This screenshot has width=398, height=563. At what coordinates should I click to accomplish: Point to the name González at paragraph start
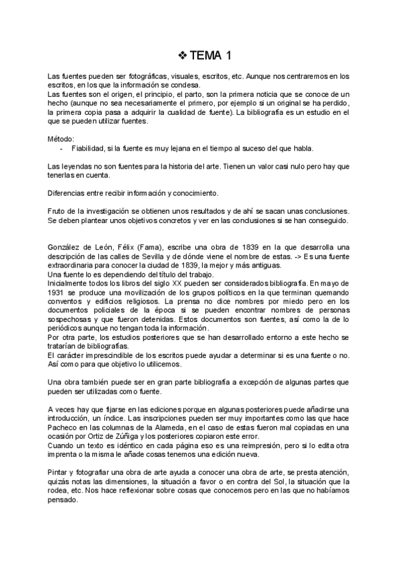pos(65,247)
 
